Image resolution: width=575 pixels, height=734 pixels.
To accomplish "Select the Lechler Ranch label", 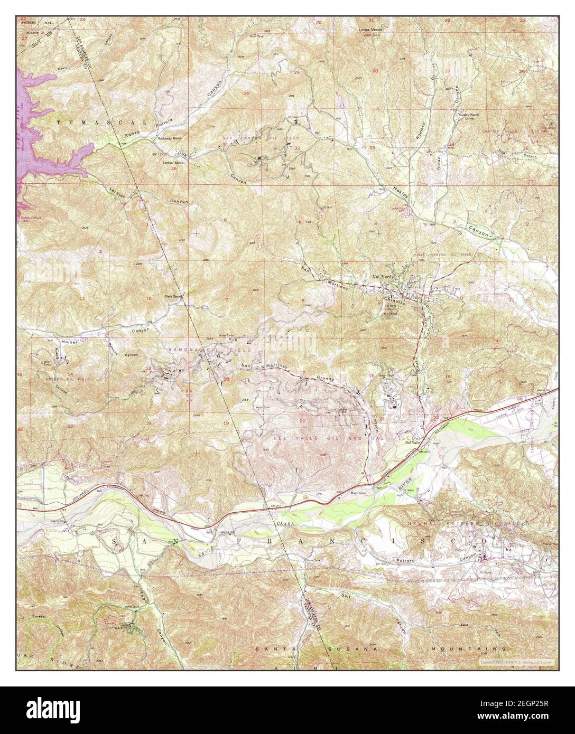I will [173, 163].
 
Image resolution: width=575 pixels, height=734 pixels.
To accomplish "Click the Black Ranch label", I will [174, 296].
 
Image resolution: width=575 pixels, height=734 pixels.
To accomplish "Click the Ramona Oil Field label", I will [200, 350].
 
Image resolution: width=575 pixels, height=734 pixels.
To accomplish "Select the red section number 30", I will [246, 93].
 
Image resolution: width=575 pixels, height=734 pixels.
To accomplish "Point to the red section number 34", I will [452, 144].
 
